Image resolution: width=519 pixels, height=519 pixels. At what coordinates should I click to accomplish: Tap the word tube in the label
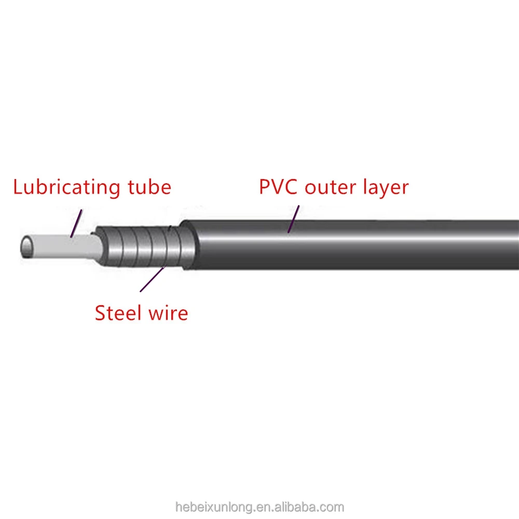[x=151, y=187]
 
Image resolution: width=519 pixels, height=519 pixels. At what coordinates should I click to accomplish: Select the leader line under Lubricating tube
[x=76, y=224]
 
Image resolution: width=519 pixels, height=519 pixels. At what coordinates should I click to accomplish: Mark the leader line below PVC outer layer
[x=294, y=218]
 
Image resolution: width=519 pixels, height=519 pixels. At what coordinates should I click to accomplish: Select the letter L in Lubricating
[x=18, y=187]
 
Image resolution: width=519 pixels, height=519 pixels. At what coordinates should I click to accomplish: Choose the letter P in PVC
[x=264, y=187]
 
